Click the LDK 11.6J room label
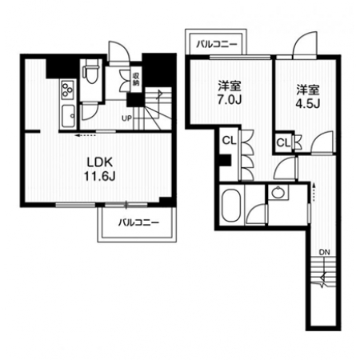click(x=100, y=169)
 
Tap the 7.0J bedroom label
click(x=230, y=93)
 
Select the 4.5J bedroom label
click(x=308, y=96)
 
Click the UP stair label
click(x=126, y=118)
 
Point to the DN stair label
click(x=325, y=252)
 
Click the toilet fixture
click(x=90, y=71)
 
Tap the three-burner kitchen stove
click(x=67, y=90)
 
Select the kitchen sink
click(x=68, y=116)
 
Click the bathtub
click(x=231, y=205)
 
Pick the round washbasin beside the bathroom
click(x=278, y=192)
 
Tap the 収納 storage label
click(x=136, y=79)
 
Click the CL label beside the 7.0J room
click(x=230, y=141)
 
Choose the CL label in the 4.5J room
click(x=283, y=143)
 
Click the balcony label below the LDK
click(x=138, y=222)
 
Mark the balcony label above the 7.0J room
click(x=217, y=44)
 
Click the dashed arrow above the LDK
click(x=85, y=135)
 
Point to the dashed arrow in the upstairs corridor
click(x=314, y=192)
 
